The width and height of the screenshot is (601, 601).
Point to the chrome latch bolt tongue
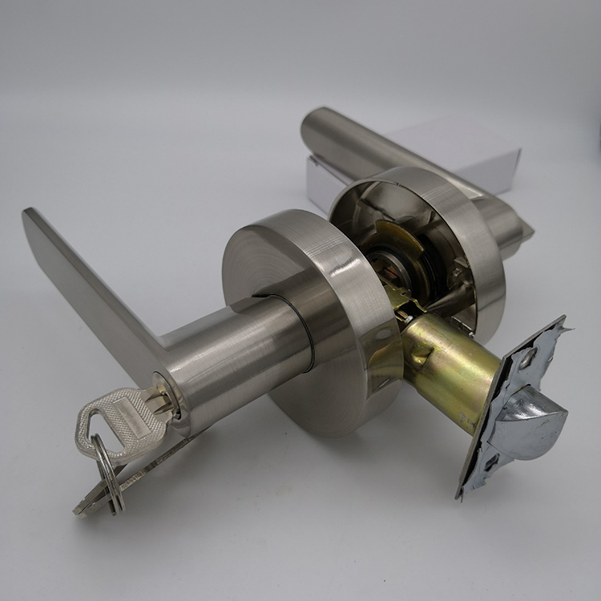coord(533,416)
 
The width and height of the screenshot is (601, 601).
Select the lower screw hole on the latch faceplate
coord(490,462)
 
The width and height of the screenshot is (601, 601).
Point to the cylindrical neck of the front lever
coord(240,353)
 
